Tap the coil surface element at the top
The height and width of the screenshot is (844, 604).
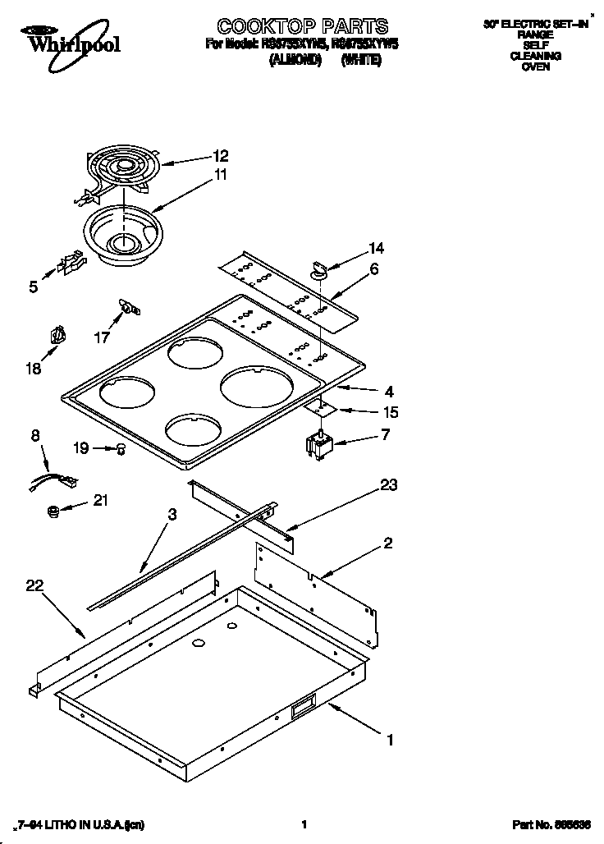coord(124,170)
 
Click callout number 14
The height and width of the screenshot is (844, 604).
coord(375,248)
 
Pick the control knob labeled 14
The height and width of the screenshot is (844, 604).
coord(318,268)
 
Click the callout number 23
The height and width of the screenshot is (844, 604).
coord(388,485)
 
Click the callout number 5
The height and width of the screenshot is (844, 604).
coord(34,287)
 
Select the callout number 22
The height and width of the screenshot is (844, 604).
coord(34,585)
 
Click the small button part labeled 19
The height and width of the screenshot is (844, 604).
coord(121,448)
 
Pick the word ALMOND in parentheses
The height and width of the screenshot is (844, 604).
coord(295,60)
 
